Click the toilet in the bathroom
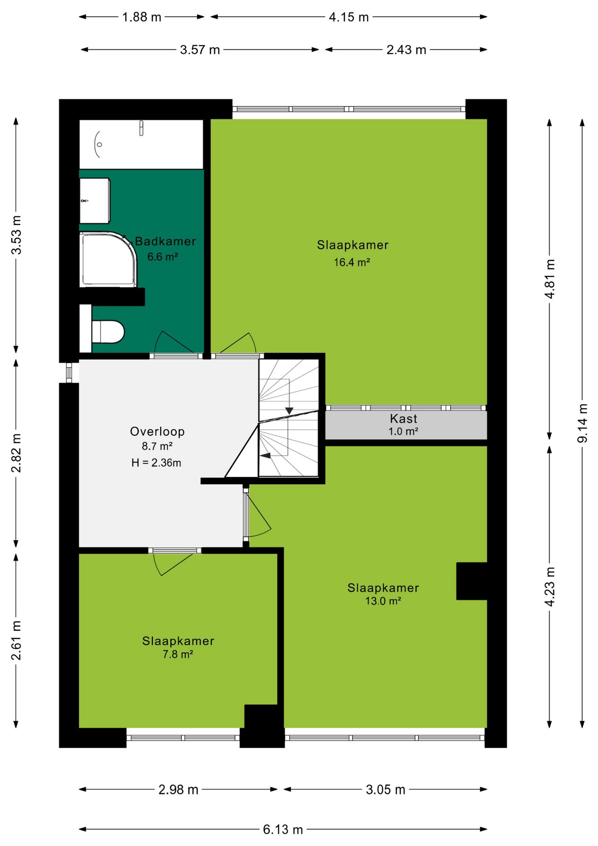coord(107,331)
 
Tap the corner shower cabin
coord(108,260)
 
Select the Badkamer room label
coord(165,241)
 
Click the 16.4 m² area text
coord(352,262)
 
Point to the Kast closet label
coord(403,419)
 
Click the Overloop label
coord(157,431)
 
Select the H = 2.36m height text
coord(156,463)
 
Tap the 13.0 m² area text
coord(383,601)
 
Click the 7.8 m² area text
coord(178,654)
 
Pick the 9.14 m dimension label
coord(582,423)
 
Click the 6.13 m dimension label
coord(283,830)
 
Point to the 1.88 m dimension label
coord(141,17)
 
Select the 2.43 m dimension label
coord(406,50)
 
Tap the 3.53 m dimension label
coord(16,235)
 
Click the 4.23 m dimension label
coord(550,587)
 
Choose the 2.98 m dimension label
coord(178,790)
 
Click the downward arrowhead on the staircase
coord(289,411)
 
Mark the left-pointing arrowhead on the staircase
coord(265,456)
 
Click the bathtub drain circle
coord(100,145)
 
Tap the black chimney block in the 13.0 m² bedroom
coord(472,581)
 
